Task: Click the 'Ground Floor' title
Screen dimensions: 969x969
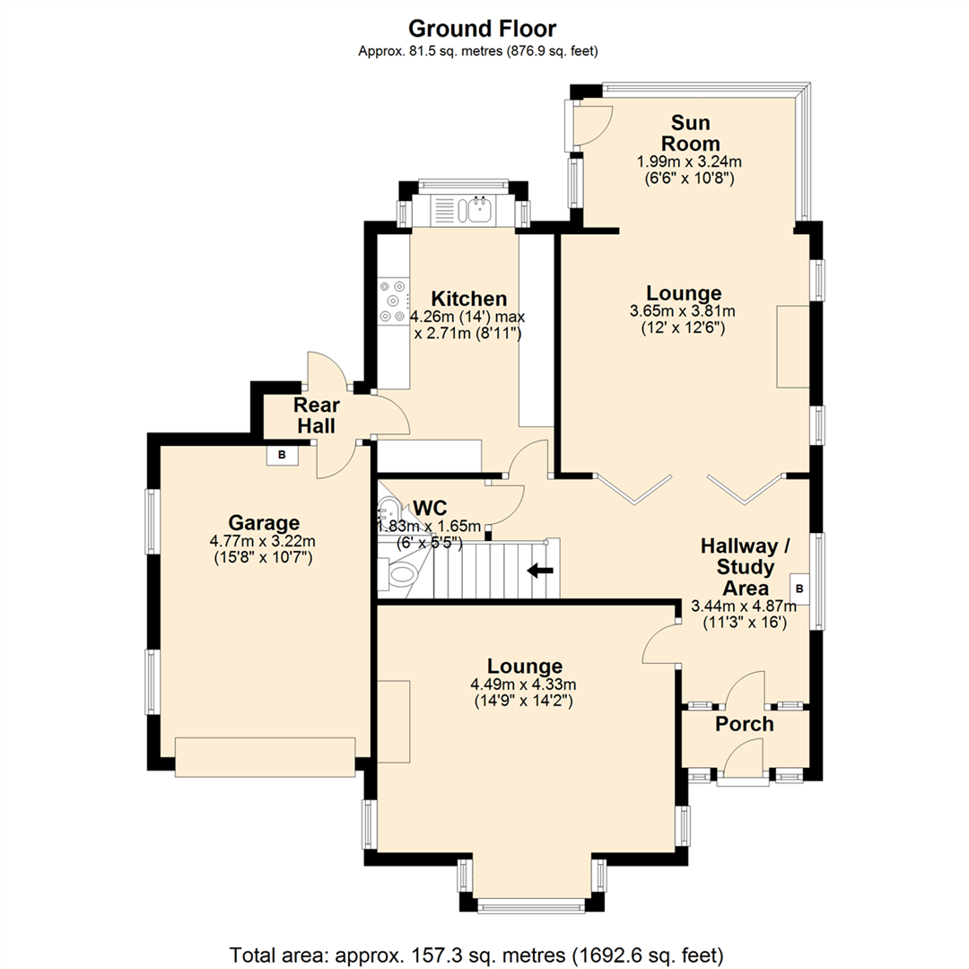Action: click(482, 29)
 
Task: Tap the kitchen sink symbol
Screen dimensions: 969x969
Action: click(479, 209)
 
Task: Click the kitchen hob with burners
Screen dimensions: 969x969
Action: click(394, 301)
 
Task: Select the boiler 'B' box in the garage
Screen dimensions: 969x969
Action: click(283, 455)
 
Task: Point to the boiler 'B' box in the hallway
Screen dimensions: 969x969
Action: click(799, 589)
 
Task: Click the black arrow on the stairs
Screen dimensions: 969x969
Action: click(540, 571)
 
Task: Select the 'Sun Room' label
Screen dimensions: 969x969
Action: click(690, 133)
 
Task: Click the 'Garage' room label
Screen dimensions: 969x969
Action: click(264, 523)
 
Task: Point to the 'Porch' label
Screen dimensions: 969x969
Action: click(745, 724)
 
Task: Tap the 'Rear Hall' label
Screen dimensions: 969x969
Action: click(317, 415)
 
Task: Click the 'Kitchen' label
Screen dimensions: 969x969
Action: click(469, 299)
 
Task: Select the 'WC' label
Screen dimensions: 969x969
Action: click(430, 508)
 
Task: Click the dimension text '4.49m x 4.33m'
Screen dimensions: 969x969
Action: click(523, 684)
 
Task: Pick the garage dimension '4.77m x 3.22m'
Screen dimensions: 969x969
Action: click(263, 541)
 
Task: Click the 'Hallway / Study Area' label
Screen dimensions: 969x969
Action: click(746, 567)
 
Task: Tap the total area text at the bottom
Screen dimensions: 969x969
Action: click(476, 955)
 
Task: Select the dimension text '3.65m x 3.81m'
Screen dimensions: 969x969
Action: click(683, 310)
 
